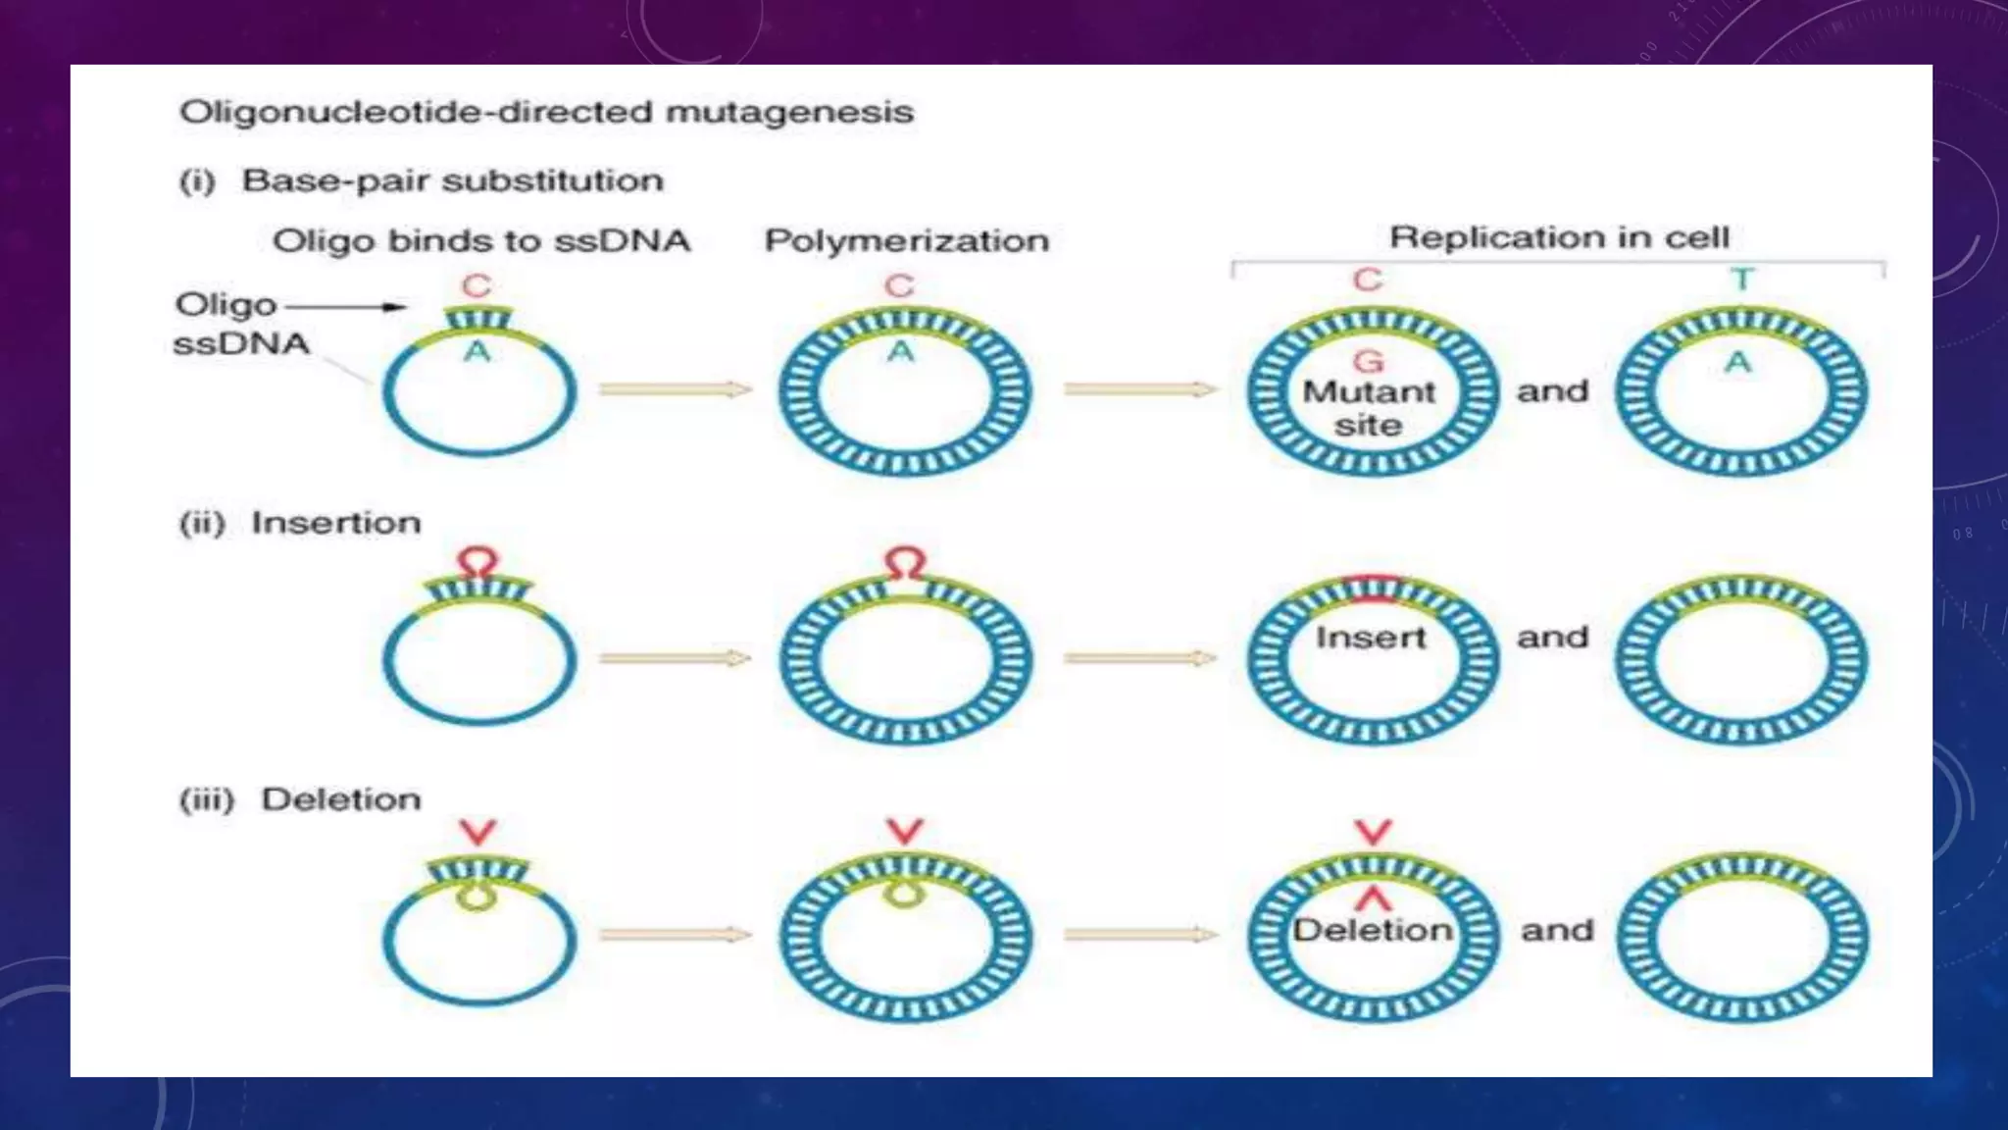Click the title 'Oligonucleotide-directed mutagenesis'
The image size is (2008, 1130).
[546, 112]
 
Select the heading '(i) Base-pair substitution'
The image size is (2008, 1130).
[422, 181]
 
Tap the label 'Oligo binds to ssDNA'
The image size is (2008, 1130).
[480, 241]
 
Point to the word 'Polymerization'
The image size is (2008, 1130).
[906, 241]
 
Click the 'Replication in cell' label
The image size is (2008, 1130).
[1559, 237]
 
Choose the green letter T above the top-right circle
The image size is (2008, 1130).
[1742, 281]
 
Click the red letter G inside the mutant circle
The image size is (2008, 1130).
[1368, 361]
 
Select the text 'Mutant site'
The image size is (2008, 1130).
[1368, 408]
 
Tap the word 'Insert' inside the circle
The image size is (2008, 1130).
[1370, 638]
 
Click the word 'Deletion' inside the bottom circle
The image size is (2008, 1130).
[1372, 930]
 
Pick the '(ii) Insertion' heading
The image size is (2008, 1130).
[300, 523]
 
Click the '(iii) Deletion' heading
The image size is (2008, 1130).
[300, 799]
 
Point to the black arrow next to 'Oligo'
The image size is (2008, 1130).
[345, 307]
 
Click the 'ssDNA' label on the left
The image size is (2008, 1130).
[241, 344]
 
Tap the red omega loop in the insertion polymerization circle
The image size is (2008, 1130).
[904, 563]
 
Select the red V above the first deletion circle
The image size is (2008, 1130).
[477, 832]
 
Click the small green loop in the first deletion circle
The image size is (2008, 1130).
[477, 897]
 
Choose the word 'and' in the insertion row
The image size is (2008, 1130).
[1552, 638]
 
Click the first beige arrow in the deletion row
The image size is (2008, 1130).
[675, 935]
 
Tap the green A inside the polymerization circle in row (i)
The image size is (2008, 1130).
[900, 351]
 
